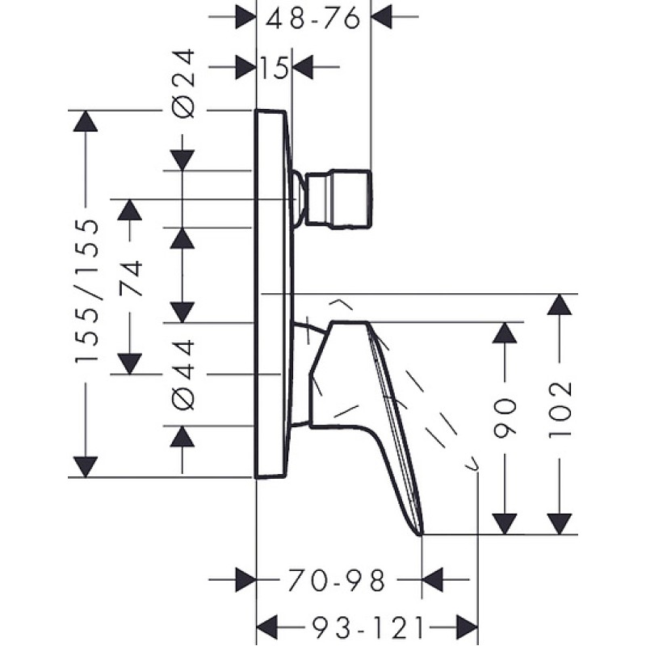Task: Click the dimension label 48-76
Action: click(313, 18)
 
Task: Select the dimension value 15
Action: click(275, 67)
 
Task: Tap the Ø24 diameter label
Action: click(182, 84)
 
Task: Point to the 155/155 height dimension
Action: click(86, 291)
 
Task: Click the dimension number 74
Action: click(131, 279)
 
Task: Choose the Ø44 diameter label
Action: click(182, 375)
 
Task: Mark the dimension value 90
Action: click(505, 417)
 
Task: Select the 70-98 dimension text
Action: click(336, 580)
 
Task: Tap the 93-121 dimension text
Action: click(367, 628)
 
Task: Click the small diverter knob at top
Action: click(338, 199)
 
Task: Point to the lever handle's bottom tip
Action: click(421, 535)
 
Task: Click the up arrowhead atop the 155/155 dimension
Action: click(86, 121)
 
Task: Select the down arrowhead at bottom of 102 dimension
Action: click(560, 524)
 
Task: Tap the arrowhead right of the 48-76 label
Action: click(381, 17)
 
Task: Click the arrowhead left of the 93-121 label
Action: click(267, 628)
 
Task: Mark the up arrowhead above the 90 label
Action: click(505, 333)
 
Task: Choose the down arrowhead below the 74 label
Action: click(130, 364)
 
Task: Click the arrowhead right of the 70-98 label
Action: click(433, 580)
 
